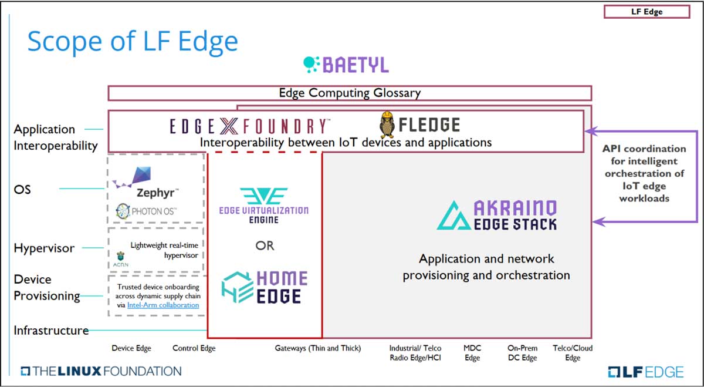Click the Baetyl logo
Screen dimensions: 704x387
pyautogui.click(x=346, y=65)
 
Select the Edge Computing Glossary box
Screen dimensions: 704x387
pyautogui.click(x=350, y=93)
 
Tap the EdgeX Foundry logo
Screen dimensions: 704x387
pyautogui.click(x=250, y=126)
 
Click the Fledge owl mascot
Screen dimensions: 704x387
pyautogui.click(x=387, y=124)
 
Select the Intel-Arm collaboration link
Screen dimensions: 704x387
pyautogui.click(x=163, y=305)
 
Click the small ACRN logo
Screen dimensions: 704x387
pyautogui.click(x=121, y=259)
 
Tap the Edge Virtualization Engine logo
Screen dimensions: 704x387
pyautogui.click(x=264, y=206)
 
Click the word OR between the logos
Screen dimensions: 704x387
pyautogui.click(x=265, y=245)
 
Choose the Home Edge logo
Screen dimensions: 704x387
pyautogui.click(x=265, y=287)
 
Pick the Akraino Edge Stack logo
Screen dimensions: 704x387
pyautogui.click(x=497, y=215)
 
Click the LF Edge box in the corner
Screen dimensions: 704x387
pyautogui.click(x=647, y=12)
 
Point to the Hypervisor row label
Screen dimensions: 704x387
pyautogui.click(x=44, y=248)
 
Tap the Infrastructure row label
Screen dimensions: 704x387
pyautogui.click(x=51, y=331)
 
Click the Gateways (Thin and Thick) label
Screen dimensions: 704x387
pyautogui.click(x=318, y=348)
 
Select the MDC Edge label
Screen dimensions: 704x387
pyautogui.click(x=472, y=353)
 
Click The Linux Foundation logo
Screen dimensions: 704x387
pyautogui.click(x=101, y=371)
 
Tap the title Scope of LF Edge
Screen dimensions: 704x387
pyautogui.click(x=133, y=42)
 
